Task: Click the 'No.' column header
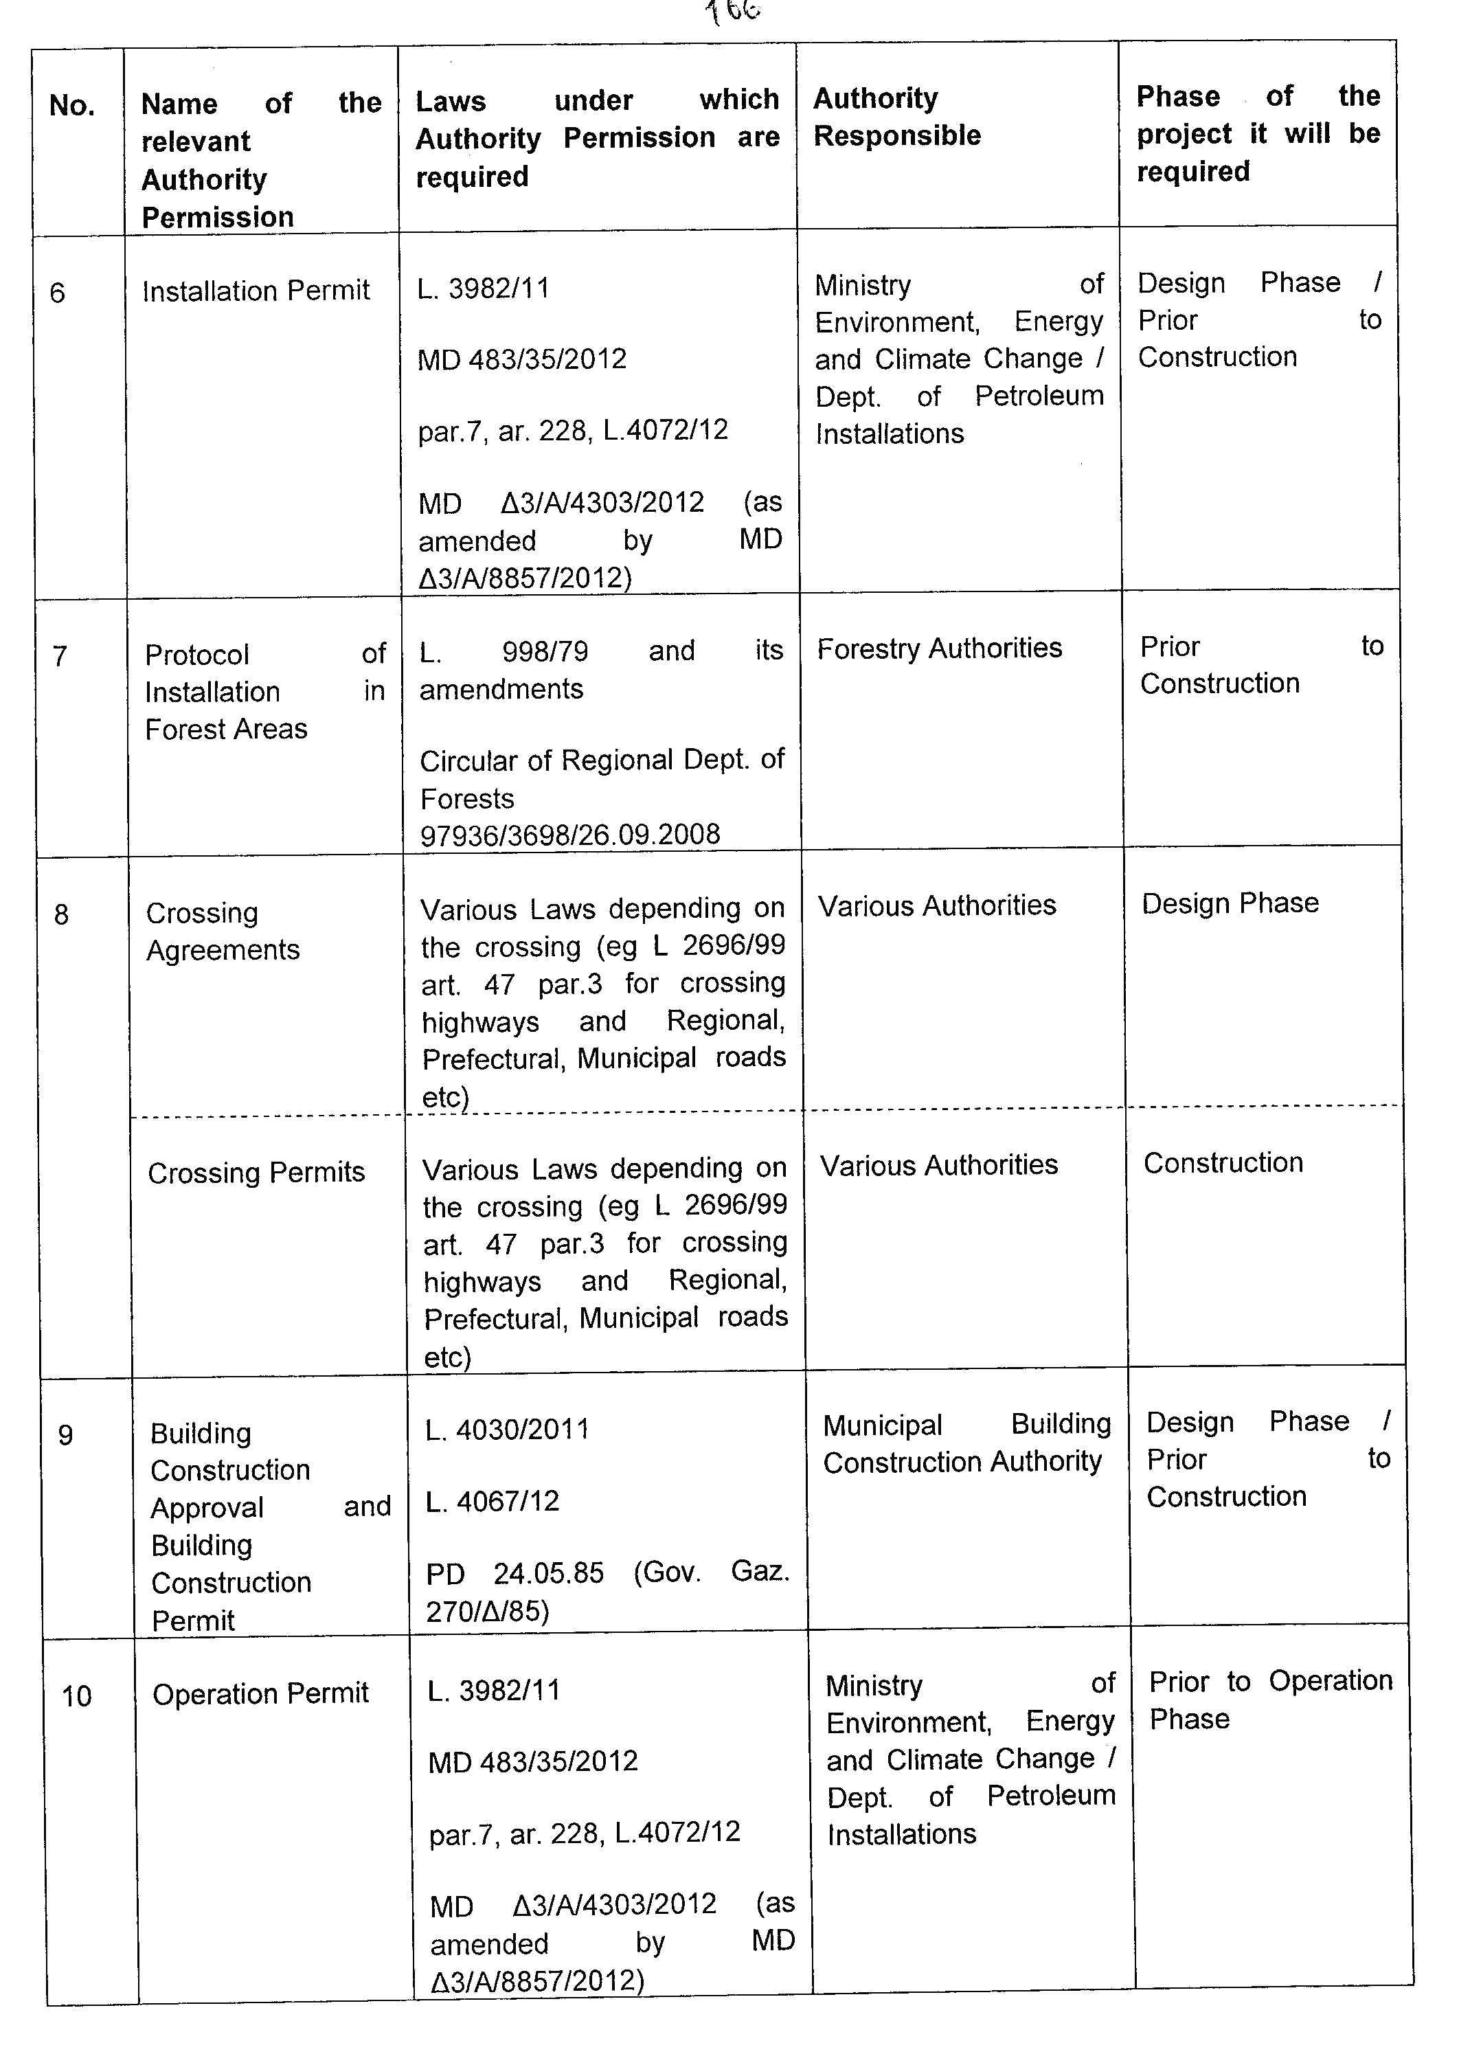pos(72,106)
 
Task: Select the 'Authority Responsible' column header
pos(897,117)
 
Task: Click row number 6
pos(58,293)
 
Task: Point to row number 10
pos(76,1696)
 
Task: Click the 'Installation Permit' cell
pos(256,291)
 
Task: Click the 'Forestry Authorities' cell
pos(939,648)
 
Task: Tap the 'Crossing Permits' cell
pos(256,1173)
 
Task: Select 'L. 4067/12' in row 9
pos(492,1501)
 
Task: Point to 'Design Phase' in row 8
pos(1230,903)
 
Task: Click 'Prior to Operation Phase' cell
pos(1270,1699)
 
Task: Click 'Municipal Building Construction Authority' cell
pos(966,1443)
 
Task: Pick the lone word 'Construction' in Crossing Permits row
pos(1223,1163)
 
